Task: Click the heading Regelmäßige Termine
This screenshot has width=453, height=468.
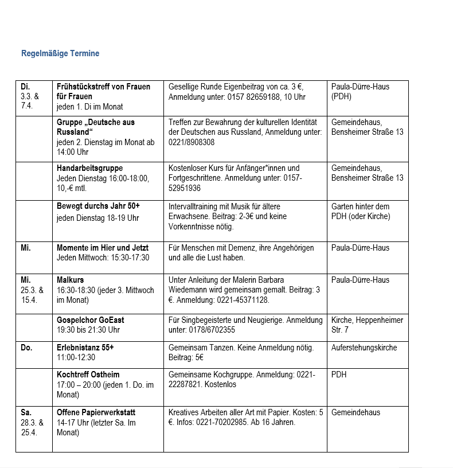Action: [x=60, y=53]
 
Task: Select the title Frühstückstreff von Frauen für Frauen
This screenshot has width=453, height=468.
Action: [x=103, y=91]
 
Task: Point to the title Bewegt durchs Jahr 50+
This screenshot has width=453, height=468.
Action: [x=98, y=206]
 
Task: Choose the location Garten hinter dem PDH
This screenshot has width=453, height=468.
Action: [x=360, y=211]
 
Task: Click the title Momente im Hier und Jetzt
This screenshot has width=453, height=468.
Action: [x=103, y=248]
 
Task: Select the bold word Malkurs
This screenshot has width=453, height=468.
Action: [x=70, y=280]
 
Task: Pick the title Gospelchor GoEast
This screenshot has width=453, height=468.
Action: [x=91, y=320]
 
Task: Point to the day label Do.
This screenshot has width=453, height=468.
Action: [x=26, y=348]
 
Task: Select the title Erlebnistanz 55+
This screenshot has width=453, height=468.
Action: [x=85, y=348]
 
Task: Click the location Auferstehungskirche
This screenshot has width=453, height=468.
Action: [x=364, y=348]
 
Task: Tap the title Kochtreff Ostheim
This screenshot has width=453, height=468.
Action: [x=88, y=375]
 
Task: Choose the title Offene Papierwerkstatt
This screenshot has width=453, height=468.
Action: [x=96, y=412]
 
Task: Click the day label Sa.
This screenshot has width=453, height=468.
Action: [x=26, y=412]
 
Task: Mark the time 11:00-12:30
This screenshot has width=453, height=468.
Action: [x=76, y=357]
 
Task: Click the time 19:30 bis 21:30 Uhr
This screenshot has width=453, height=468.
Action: [x=88, y=330]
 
